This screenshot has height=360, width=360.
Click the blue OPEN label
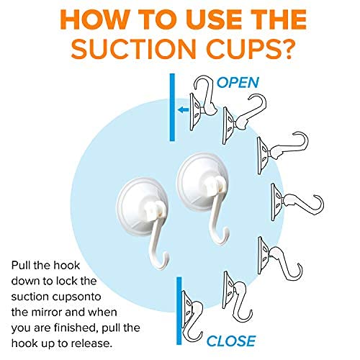pos(238,83)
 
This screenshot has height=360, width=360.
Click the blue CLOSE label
pos(231,341)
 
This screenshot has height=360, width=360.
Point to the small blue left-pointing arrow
pos(184,110)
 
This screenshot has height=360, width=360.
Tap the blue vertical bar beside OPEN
pos(172,107)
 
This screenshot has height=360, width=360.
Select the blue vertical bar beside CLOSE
pos(179,311)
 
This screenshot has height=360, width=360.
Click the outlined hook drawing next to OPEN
pos(204,104)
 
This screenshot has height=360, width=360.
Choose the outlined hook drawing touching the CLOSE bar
pos(192,316)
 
